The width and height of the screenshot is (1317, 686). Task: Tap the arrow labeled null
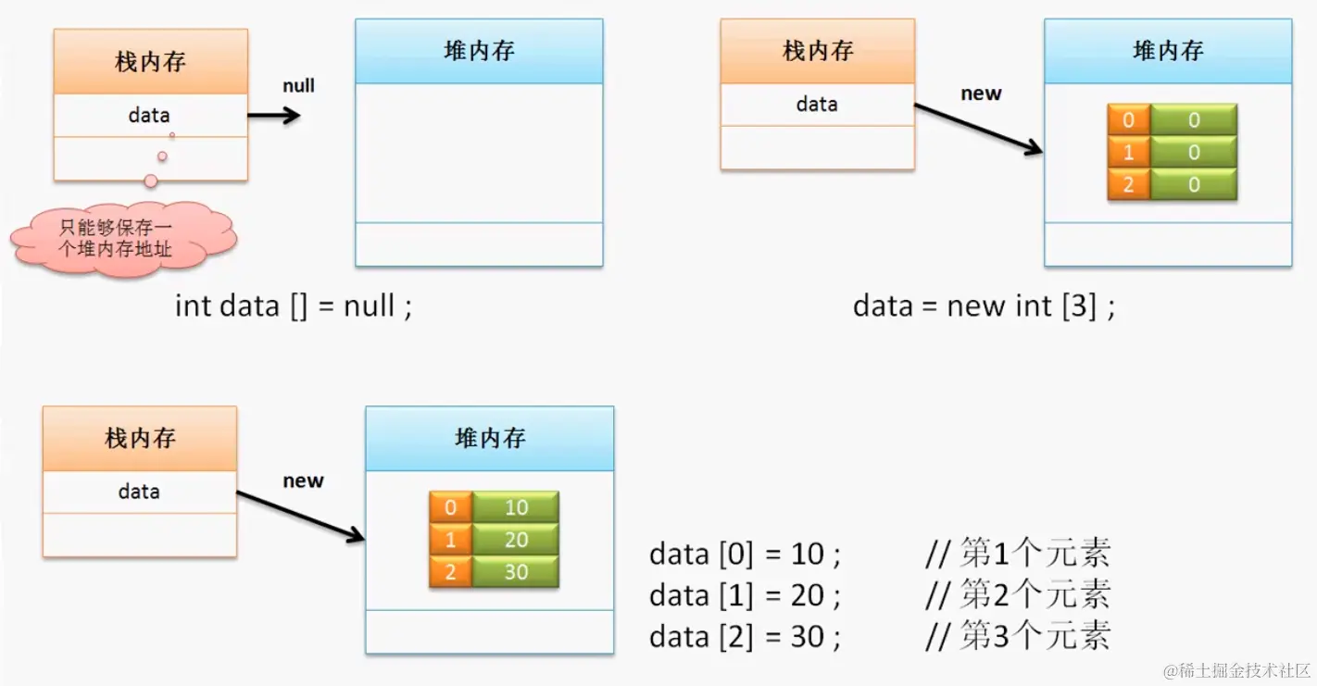(274, 116)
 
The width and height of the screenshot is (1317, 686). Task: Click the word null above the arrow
(298, 86)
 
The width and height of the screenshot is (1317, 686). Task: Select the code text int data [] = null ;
(293, 306)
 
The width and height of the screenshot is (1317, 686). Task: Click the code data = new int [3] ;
(984, 306)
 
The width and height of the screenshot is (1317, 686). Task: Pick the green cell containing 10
(516, 507)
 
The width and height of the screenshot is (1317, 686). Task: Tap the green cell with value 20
(516, 540)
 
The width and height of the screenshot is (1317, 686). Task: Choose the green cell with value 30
(516, 572)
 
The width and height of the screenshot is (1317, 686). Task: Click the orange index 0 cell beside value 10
(451, 507)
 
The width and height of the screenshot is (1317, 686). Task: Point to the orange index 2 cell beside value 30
(451, 572)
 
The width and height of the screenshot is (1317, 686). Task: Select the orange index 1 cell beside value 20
(451, 540)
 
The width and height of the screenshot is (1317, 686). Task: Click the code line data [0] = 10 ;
(745, 554)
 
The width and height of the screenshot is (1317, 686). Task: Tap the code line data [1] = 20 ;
(745, 594)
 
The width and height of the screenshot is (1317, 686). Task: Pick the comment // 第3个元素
(1017, 636)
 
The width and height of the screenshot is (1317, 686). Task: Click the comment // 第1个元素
(1017, 554)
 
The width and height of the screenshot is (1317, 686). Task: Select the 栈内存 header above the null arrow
(150, 62)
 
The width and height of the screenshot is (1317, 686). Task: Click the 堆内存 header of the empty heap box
(479, 51)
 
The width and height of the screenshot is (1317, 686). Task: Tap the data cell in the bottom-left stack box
(139, 492)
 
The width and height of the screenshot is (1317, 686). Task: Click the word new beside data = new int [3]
(981, 94)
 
